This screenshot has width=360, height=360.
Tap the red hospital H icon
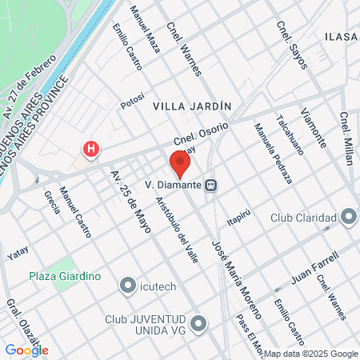92,149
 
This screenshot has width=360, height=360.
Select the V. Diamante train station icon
211,185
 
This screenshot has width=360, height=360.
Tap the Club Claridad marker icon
349,217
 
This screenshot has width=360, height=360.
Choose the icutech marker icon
128,285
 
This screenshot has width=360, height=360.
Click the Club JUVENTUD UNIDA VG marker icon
198,323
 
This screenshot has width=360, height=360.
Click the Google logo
26,350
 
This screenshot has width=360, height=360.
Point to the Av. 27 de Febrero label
30,85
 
